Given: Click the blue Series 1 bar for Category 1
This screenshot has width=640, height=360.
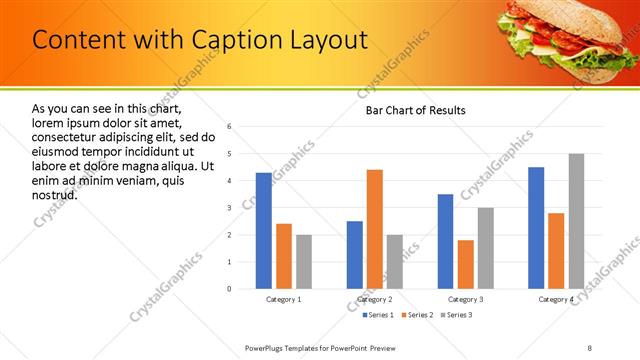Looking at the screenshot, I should coord(263,231).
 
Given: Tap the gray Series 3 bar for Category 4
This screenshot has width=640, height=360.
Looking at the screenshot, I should coord(576,221).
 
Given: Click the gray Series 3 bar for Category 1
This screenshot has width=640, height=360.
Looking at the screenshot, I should coord(304,262).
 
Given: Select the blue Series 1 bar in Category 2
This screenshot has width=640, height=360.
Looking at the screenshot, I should coord(355,255).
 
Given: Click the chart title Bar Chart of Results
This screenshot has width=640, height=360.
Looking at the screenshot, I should coord(415,110).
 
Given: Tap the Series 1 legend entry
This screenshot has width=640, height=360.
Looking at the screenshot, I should coord(376,315).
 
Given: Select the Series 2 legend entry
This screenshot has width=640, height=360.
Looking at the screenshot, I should coord(416,315).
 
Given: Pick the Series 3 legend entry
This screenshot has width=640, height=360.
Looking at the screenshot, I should coord(456,315).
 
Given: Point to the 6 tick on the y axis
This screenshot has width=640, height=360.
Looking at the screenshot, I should coord(229,127).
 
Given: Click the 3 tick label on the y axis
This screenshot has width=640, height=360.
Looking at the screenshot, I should coord(229,208).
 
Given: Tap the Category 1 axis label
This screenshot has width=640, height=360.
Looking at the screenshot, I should coord(284,299).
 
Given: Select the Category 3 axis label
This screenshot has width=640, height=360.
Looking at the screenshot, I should coord(466,299).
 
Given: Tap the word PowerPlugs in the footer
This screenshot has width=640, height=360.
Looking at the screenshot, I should coord(268,347).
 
